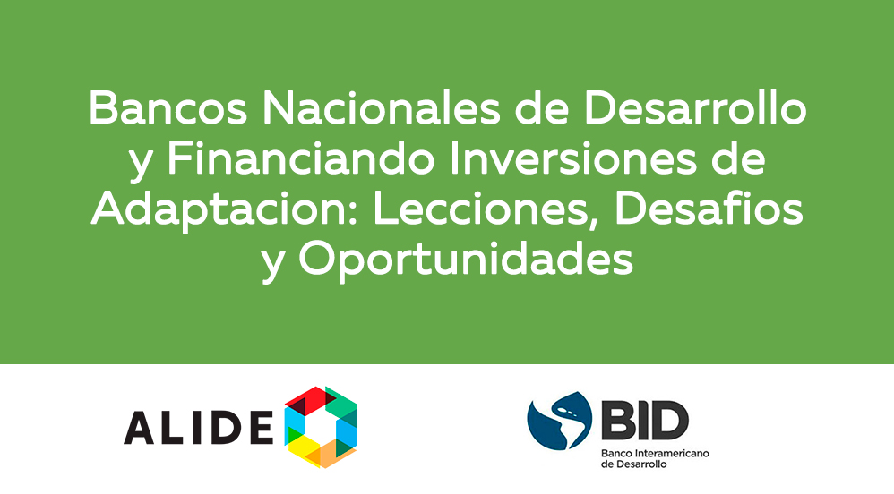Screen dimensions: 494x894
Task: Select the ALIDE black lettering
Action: tap(198, 429)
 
